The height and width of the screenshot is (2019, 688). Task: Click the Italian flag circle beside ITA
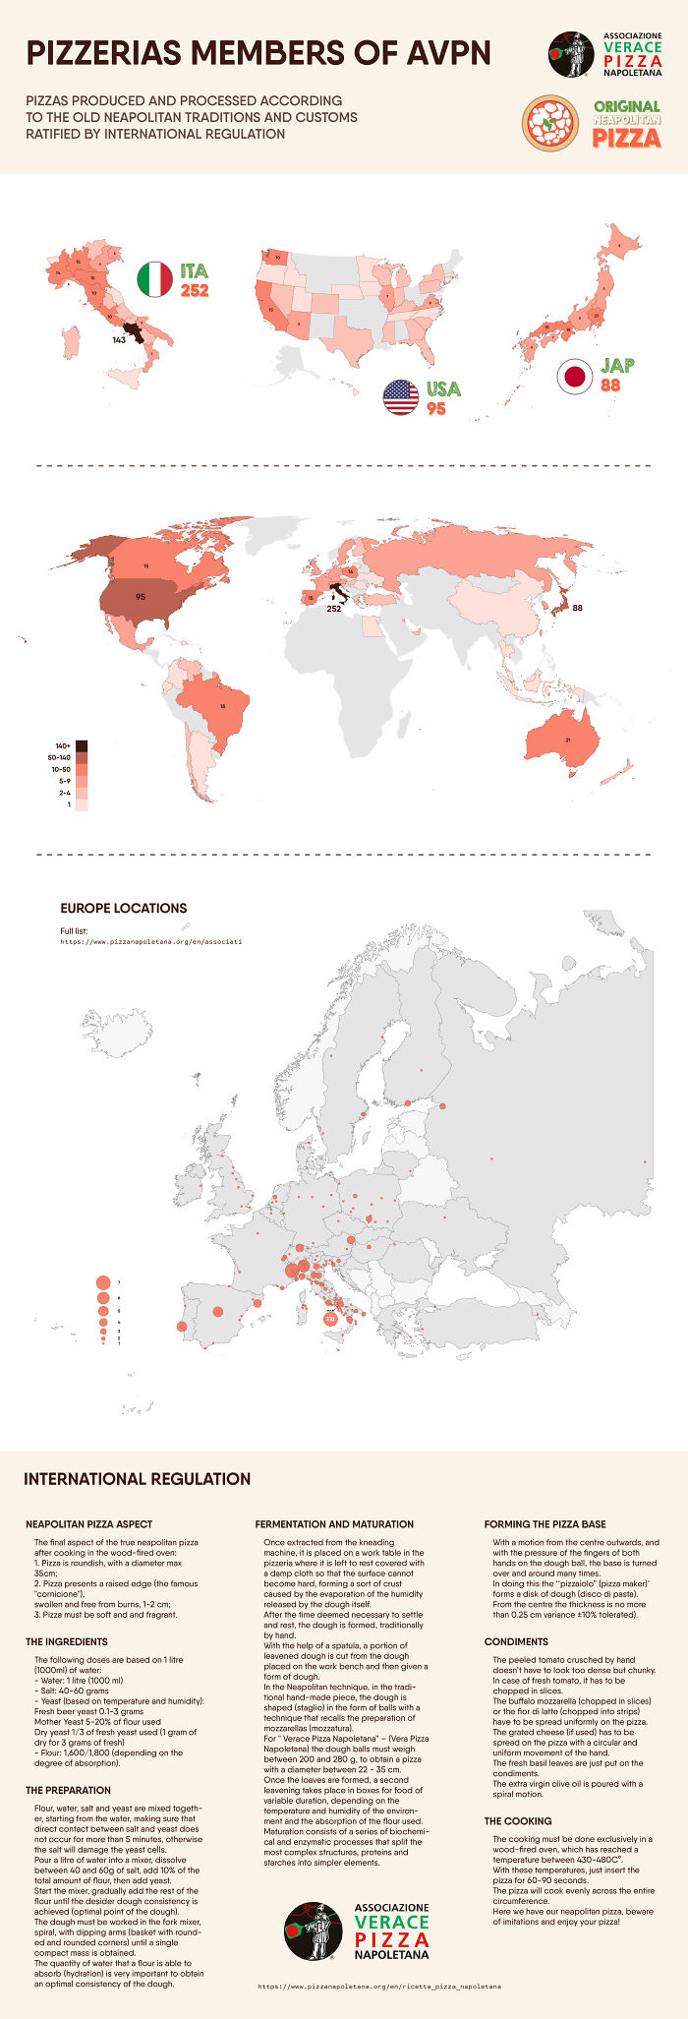click(x=154, y=280)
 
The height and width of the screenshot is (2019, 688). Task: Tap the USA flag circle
click(x=400, y=396)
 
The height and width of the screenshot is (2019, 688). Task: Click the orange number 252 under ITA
click(x=195, y=290)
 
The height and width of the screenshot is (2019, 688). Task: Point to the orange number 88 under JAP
click(x=610, y=386)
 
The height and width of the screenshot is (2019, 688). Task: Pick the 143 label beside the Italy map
click(x=119, y=339)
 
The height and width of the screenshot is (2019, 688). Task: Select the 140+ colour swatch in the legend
click(x=82, y=745)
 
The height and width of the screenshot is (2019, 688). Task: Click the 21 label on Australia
click(x=567, y=740)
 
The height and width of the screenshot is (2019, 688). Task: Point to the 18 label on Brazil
click(x=223, y=706)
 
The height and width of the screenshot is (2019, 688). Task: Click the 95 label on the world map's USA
click(x=141, y=597)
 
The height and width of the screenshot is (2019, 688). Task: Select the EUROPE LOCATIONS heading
click(x=123, y=908)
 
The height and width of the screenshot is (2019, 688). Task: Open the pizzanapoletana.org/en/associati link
click(x=151, y=941)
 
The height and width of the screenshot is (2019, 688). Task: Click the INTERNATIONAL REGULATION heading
click(x=137, y=1478)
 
